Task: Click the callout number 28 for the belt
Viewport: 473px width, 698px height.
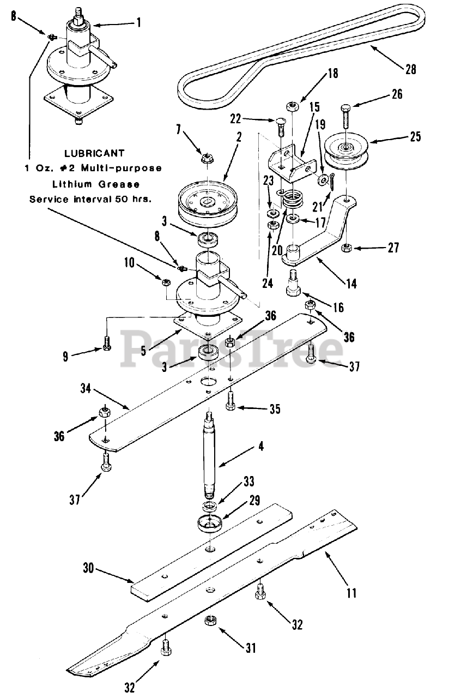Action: tap(411, 69)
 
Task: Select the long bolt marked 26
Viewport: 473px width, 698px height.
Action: tap(346, 117)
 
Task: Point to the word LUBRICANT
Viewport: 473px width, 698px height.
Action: tap(94, 153)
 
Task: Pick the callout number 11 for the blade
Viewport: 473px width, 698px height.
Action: tap(351, 592)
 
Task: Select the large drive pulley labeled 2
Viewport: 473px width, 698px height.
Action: tap(208, 203)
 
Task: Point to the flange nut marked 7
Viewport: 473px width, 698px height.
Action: tap(206, 159)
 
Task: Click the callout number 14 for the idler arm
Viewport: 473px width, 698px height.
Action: tap(351, 284)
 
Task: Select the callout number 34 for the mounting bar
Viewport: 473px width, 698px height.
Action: tap(86, 389)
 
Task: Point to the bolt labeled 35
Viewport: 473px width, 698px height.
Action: tap(230, 401)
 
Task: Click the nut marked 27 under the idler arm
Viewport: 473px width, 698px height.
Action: tap(347, 248)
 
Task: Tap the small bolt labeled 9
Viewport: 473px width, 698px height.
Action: tap(107, 344)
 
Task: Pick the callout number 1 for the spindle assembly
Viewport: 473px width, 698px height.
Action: tap(139, 22)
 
